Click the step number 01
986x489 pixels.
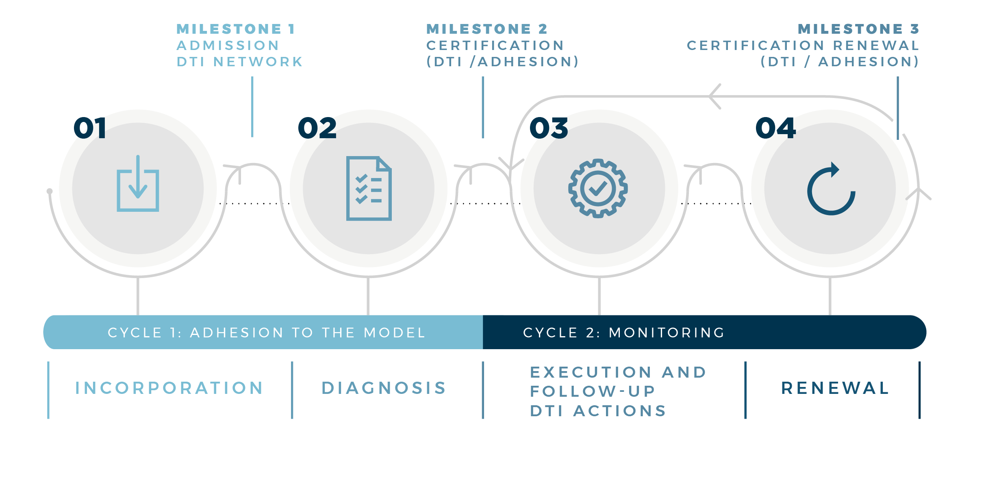coord(90,128)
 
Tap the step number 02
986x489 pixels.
coord(317,128)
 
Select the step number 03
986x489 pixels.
coord(549,128)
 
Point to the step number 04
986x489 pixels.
coord(775,128)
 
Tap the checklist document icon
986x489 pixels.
coord(369,188)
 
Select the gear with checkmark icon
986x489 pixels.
coord(598,188)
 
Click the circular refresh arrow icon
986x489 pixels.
coord(831,189)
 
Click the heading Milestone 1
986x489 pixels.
coord(236,29)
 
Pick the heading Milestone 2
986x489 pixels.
coord(487,29)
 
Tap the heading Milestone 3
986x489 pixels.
coord(858,29)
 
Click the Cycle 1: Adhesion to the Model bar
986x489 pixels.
coord(263,332)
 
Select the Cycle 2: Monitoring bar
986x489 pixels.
coord(704,332)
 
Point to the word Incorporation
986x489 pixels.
coord(169,388)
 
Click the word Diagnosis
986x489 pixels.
coord(384,388)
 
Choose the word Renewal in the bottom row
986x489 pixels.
coord(836,388)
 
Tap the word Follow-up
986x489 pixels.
coord(593,391)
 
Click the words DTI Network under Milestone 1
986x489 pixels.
coord(240,62)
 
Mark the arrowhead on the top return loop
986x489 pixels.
coord(715,96)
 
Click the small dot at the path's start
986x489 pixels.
coord(50,191)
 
